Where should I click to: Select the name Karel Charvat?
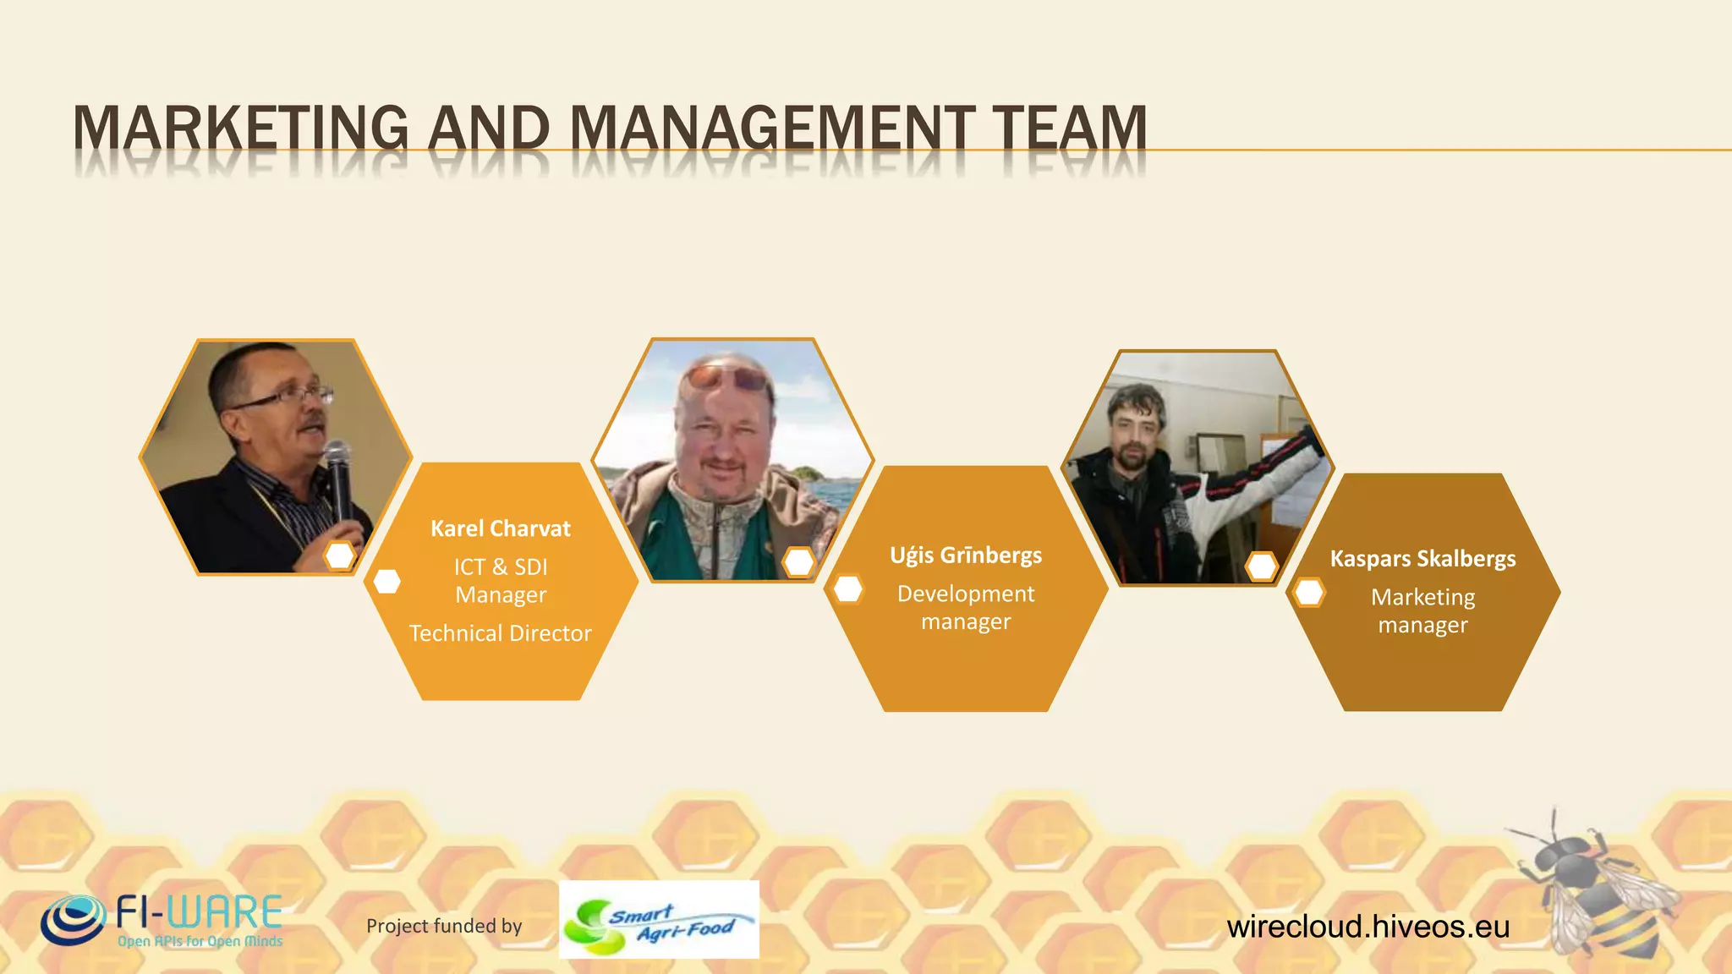coord(501,528)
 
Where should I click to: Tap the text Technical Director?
coord(501,633)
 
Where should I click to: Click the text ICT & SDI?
coord(501,566)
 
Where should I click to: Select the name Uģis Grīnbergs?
coord(966,555)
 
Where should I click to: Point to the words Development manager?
coord(966,607)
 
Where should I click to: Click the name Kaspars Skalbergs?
coord(1422,559)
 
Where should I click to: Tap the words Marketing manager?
coord(1422,610)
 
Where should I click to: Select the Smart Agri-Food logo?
coord(659,920)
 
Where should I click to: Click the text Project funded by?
coord(444,926)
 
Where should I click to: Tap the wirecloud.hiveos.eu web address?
coord(1368,927)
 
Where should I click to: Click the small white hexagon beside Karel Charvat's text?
coord(386,582)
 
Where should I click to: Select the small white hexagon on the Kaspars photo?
coord(1261,566)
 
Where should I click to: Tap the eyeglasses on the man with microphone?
coord(288,397)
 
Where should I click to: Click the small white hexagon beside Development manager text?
coord(848,589)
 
